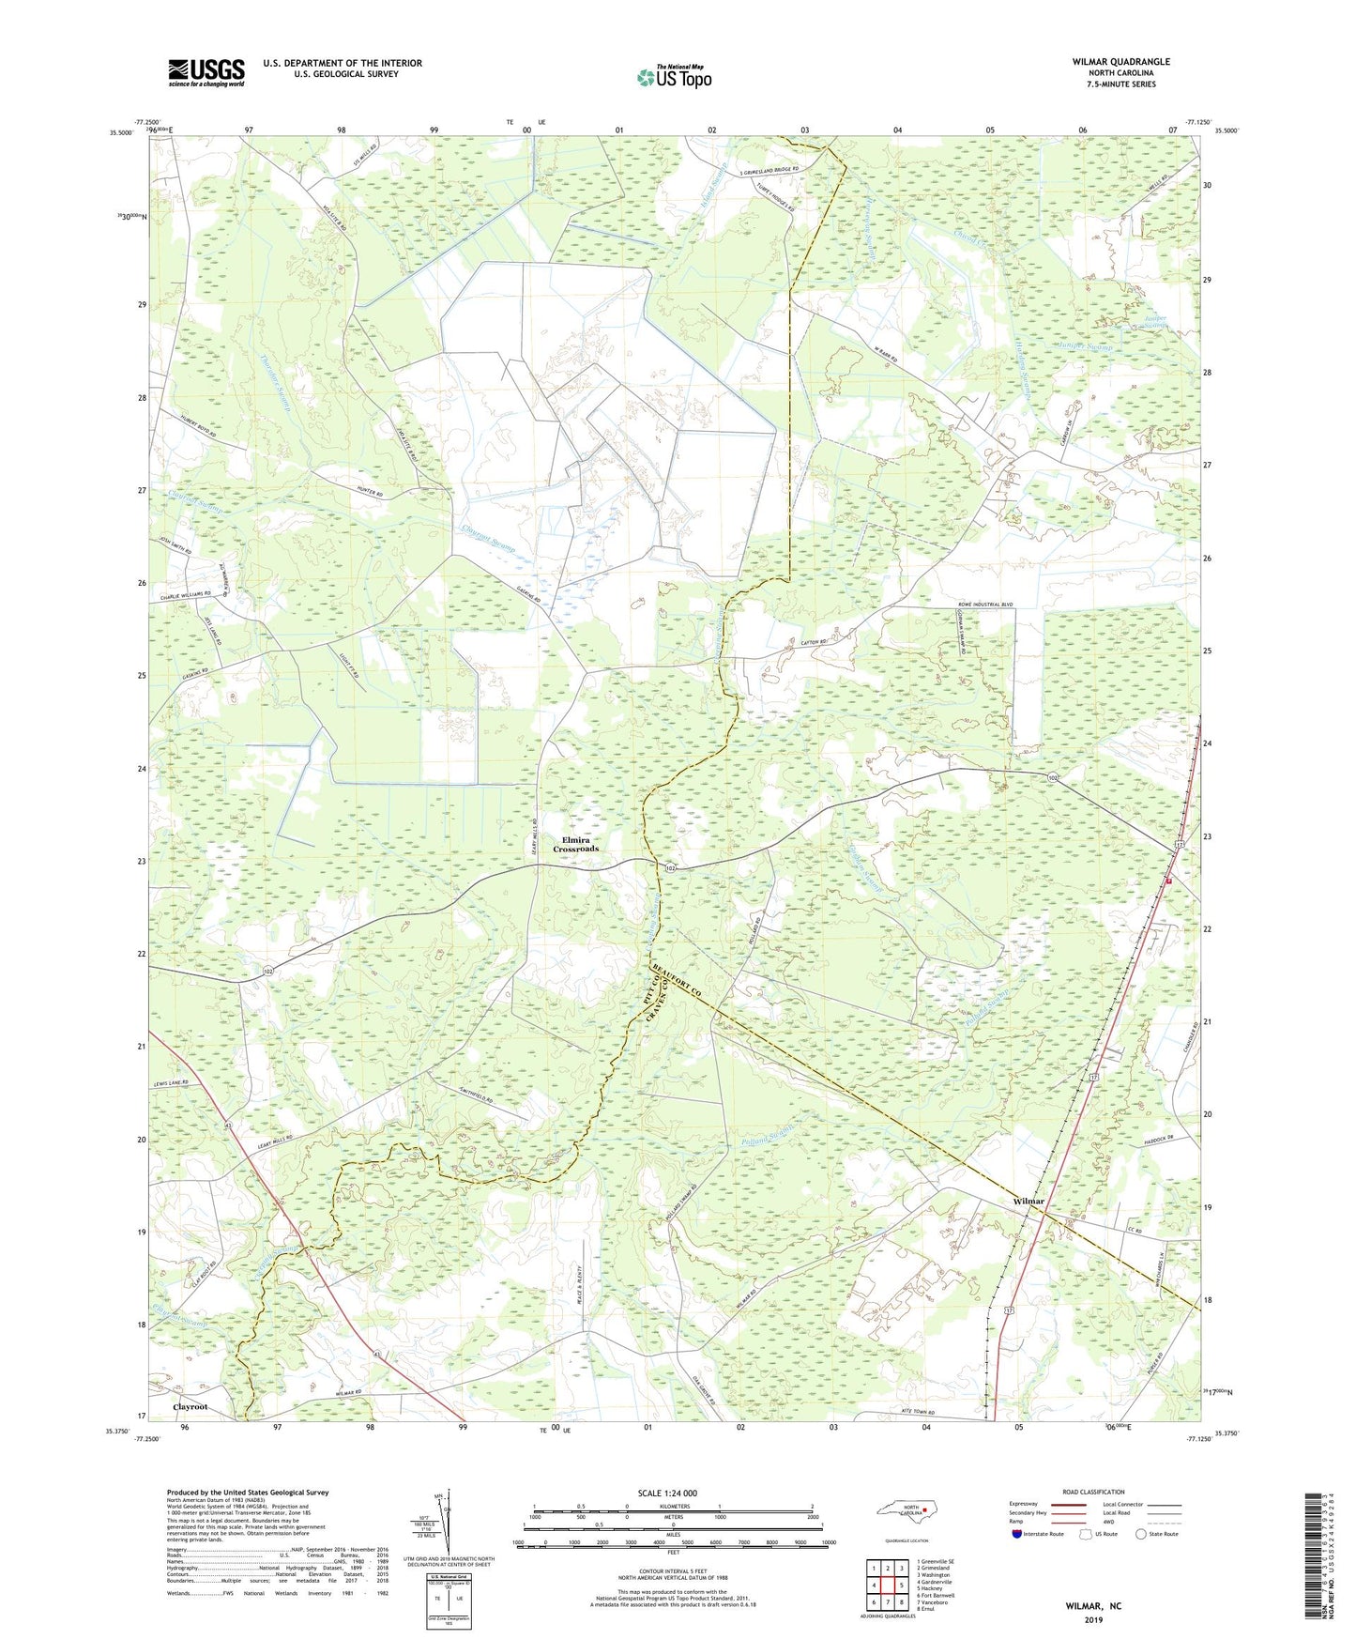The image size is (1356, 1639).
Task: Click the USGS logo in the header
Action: (206, 71)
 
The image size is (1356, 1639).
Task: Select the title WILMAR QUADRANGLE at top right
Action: (1120, 62)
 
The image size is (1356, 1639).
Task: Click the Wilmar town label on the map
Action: (1028, 1202)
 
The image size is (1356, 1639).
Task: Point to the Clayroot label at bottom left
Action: (190, 1408)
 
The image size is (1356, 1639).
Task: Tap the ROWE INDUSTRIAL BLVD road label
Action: (972, 605)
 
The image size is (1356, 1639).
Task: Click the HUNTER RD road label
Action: (369, 493)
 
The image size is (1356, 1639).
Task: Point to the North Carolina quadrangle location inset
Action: (909, 1511)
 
